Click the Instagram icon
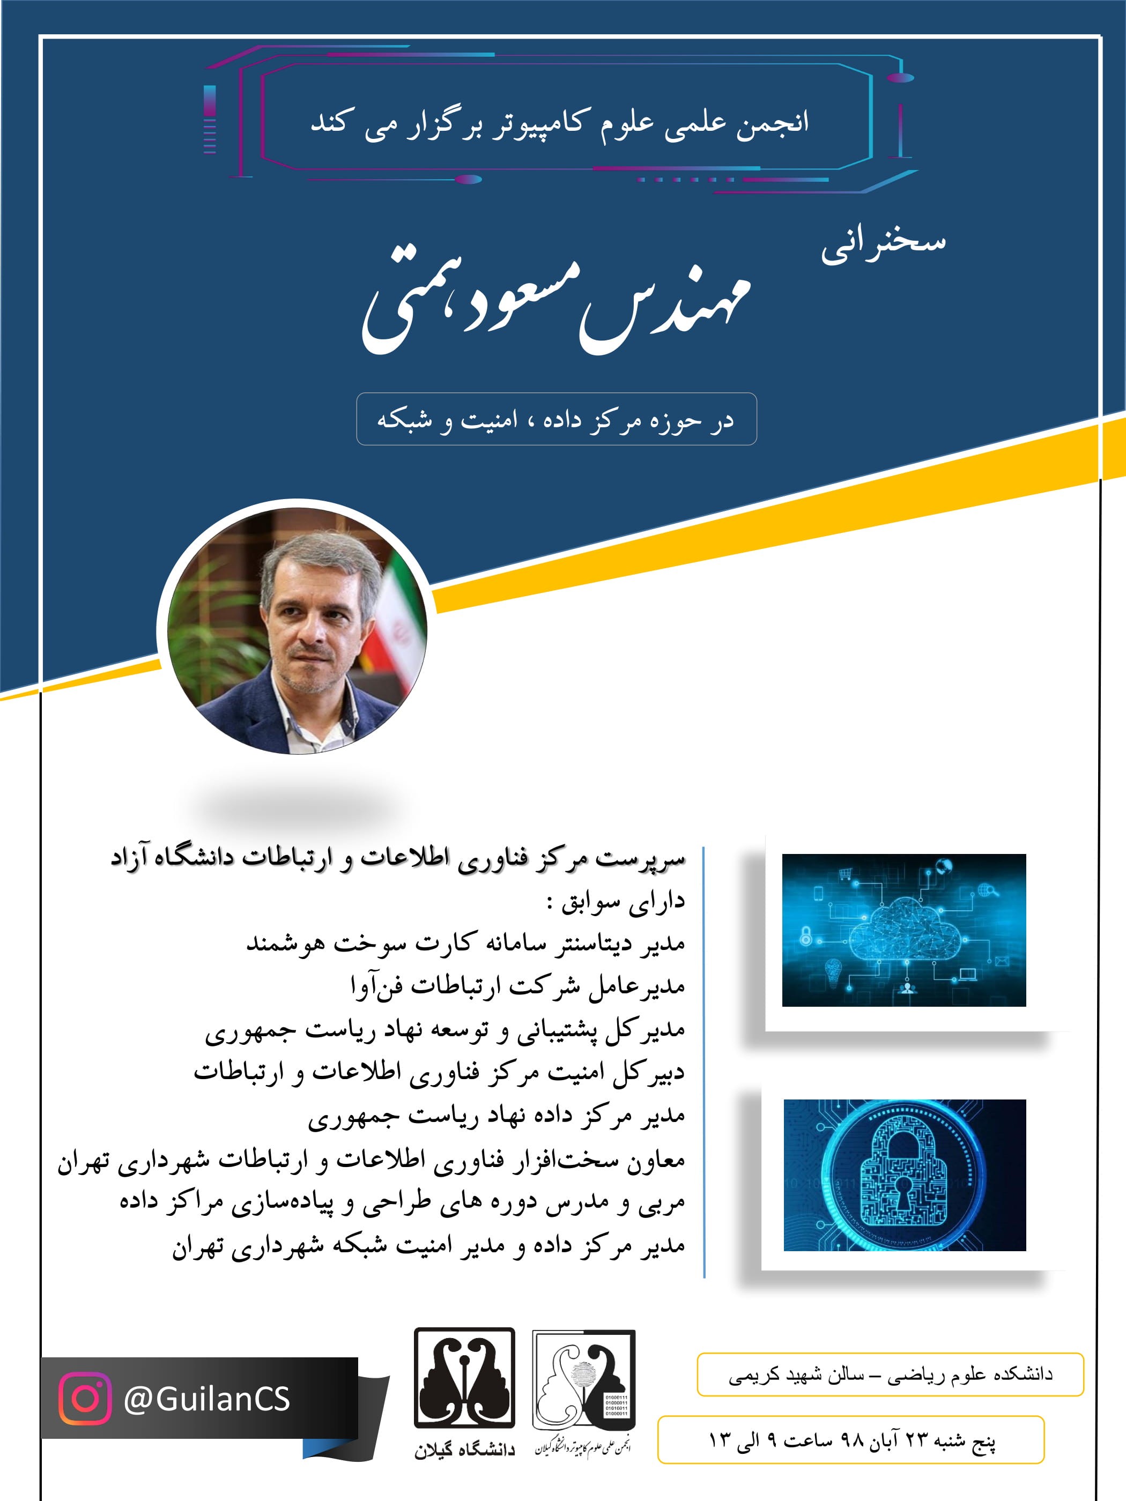84,1399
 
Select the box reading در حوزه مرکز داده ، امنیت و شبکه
556,419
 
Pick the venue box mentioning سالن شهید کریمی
890,1374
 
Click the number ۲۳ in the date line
916,1440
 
